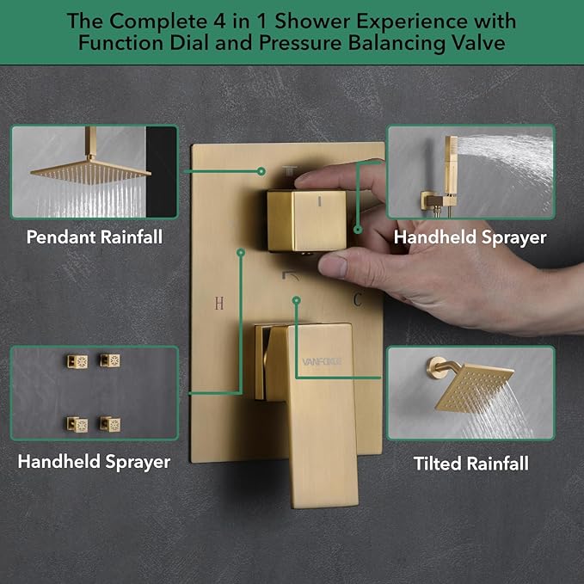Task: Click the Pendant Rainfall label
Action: (x=95, y=237)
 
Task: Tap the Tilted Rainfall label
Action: (x=470, y=464)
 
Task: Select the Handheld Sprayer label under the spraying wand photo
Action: (x=470, y=237)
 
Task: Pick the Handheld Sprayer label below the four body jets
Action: (x=94, y=462)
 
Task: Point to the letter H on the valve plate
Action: (x=219, y=302)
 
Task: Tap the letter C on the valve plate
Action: (x=357, y=299)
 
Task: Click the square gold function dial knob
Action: (x=305, y=219)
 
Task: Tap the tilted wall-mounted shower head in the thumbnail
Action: (x=473, y=389)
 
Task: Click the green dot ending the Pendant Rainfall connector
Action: (x=261, y=170)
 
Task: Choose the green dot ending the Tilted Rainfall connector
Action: (x=296, y=300)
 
